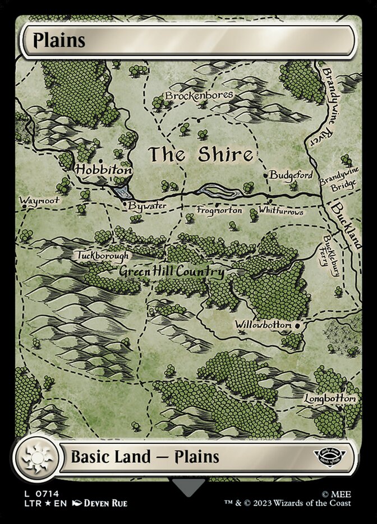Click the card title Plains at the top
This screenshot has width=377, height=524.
tap(59, 41)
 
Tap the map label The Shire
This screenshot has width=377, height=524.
tap(200, 155)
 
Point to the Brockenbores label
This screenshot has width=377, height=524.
tap(199, 96)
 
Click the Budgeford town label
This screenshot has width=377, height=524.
tap(291, 175)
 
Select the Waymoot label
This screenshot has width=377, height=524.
tap(39, 200)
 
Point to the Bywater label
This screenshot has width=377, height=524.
tap(146, 206)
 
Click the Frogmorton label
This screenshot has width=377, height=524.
tap(219, 210)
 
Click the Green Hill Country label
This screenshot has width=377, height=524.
tap(171, 273)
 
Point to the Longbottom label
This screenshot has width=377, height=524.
tap(330, 399)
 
